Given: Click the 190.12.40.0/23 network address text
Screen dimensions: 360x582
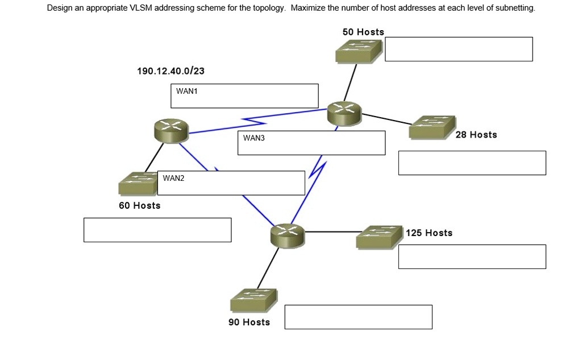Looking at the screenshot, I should tap(171, 71).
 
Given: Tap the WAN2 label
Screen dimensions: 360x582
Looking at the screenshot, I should tap(173, 178).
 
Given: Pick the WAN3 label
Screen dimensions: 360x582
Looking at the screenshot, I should tap(254, 138).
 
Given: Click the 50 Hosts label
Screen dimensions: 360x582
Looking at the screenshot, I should tap(363, 32).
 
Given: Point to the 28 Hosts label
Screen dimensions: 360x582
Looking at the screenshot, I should tap(476, 135).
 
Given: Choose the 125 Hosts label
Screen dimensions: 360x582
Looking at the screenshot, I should tap(429, 233).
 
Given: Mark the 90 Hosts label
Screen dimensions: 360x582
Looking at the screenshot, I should tap(249, 322).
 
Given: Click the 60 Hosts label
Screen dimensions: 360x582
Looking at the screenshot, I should tap(139, 205).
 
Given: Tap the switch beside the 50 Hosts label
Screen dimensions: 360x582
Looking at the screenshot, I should tap(359, 51).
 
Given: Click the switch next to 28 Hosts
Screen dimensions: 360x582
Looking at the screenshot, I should tap(431, 127).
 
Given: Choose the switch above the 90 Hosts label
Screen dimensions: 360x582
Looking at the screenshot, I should tap(253, 300).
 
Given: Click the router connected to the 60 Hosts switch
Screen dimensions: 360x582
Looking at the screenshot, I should tap(171, 131).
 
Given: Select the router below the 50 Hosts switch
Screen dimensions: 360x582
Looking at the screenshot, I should tap(344, 113).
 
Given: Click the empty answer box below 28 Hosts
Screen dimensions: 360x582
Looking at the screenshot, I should tap(472, 163).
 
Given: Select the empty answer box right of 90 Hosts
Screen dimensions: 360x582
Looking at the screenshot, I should tap(358, 317).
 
